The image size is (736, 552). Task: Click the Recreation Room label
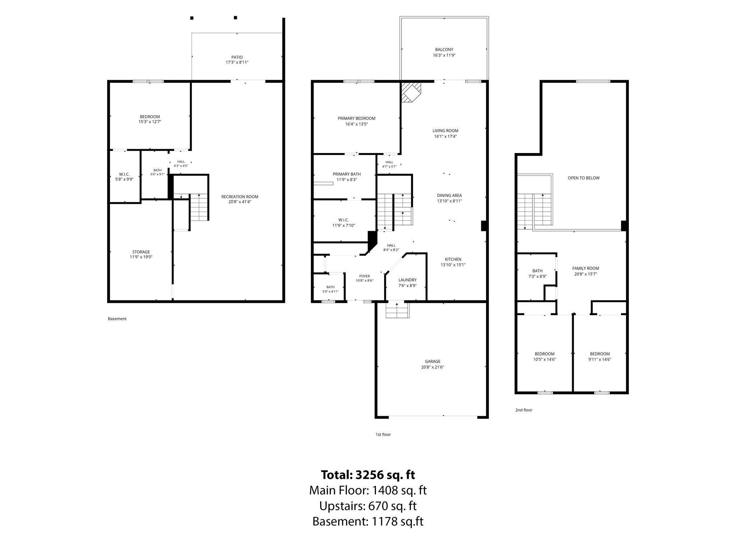(240, 197)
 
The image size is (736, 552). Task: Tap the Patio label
(237, 57)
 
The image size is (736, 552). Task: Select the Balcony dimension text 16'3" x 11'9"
(444, 55)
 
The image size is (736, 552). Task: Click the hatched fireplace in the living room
(411, 92)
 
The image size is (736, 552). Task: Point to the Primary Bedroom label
(356, 118)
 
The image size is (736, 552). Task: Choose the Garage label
(433, 362)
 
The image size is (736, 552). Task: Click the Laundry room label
(408, 280)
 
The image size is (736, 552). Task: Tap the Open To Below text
(584, 178)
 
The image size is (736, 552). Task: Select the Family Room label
(586, 268)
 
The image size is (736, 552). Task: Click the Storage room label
(141, 252)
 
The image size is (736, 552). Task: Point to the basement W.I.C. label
(124, 174)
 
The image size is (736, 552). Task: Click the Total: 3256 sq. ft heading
(368, 475)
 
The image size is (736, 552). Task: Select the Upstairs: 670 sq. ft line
(368, 506)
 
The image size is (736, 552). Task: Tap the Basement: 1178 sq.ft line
(368, 521)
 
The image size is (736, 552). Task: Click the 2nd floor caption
(524, 410)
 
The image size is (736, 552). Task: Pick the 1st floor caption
(383, 434)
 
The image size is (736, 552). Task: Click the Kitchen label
(453, 259)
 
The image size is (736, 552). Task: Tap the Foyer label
(364, 276)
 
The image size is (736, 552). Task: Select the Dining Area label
(449, 195)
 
